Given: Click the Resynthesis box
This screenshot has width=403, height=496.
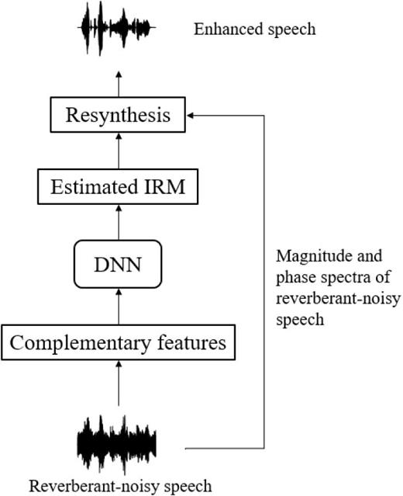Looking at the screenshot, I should tap(119, 117).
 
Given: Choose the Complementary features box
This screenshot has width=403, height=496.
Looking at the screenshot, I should tap(119, 342).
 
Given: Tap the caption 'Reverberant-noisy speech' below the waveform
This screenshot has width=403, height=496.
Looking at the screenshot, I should tap(120, 487).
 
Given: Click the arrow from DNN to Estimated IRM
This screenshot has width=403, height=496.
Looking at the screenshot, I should tap(119, 224).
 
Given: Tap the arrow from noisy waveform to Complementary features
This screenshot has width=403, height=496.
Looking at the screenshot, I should tap(119, 385).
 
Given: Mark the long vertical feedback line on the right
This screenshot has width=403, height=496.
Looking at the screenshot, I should tap(265, 279).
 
